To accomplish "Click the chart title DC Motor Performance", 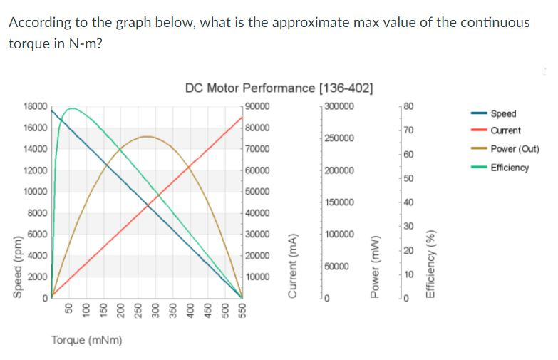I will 278,88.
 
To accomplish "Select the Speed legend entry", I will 504,113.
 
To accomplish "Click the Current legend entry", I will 506,130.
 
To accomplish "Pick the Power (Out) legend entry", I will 513,149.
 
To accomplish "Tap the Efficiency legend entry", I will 510,168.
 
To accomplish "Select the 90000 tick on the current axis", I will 257,106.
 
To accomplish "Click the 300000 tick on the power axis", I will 339,106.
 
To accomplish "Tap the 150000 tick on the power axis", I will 339,202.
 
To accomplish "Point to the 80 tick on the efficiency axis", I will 408,106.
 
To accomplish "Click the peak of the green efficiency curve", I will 71,108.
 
